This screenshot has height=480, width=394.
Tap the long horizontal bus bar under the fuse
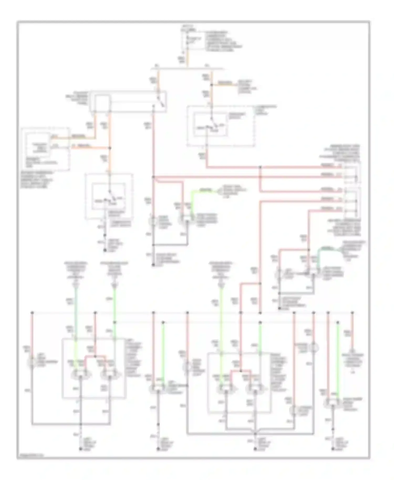187,69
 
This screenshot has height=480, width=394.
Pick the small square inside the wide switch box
102,103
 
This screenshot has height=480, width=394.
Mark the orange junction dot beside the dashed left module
110,148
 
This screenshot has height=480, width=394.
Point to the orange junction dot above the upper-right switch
211,85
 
